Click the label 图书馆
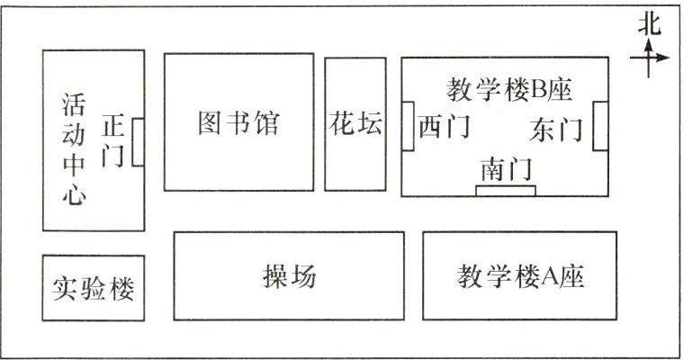[x=238, y=123]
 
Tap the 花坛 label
[x=354, y=123]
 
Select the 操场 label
[x=289, y=276]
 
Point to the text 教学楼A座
[x=520, y=276]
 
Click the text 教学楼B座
[x=509, y=89]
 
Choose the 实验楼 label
[x=93, y=288]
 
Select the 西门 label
[x=444, y=127]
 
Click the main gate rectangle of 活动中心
[x=138, y=142]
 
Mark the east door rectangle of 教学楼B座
[x=601, y=127]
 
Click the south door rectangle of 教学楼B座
[x=505, y=190]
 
